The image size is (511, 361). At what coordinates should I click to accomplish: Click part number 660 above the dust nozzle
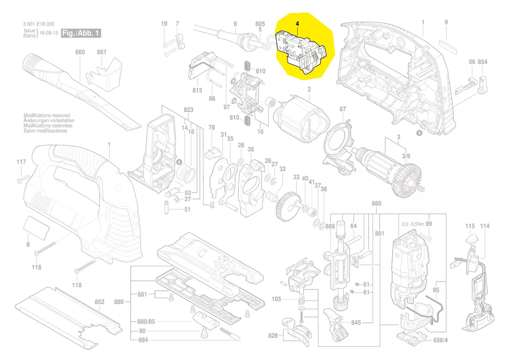pyautogui.click(x=80, y=52)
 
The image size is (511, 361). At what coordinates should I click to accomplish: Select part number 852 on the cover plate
pyautogui.click(x=100, y=302)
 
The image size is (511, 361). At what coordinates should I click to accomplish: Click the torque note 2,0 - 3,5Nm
pyautogui.click(x=413, y=224)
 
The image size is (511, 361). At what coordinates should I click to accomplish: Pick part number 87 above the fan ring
pyautogui.click(x=343, y=109)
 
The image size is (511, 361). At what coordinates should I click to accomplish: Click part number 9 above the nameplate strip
pyautogui.click(x=446, y=22)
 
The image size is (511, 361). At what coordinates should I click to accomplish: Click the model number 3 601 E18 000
pyautogui.click(x=39, y=24)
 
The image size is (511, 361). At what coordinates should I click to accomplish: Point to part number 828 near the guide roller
pyautogui.click(x=274, y=336)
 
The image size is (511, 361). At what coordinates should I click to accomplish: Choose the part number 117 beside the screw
pyautogui.click(x=21, y=163)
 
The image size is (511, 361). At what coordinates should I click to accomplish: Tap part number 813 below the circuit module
pyautogui.click(x=197, y=90)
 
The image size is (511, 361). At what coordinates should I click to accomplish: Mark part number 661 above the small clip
pyautogui.click(x=101, y=52)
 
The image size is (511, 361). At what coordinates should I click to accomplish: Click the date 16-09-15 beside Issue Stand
pyautogui.click(x=49, y=33)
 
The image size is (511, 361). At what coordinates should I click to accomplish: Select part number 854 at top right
pyautogui.click(x=483, y=62)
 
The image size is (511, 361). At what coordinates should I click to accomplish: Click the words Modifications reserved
pyautogui.click(x=46, y=115)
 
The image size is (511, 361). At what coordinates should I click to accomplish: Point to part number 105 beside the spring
pyautogui.click(x=276, y=299)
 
